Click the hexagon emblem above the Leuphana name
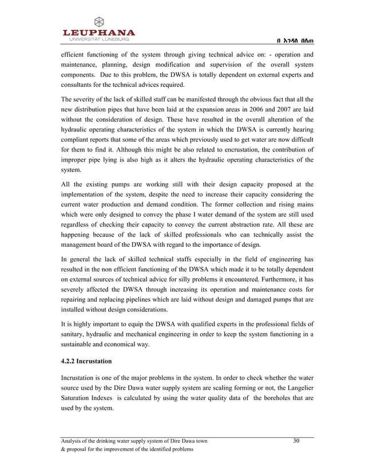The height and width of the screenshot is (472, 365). pyautogui.click(x=98, y=22)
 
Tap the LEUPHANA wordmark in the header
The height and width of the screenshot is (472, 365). pyautogui.click(x=98, y=33)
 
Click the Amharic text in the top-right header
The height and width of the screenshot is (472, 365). pyautogui.click(x=295, y=39)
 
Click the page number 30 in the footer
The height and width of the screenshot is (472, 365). pyautogui.click(x=296, y=441)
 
